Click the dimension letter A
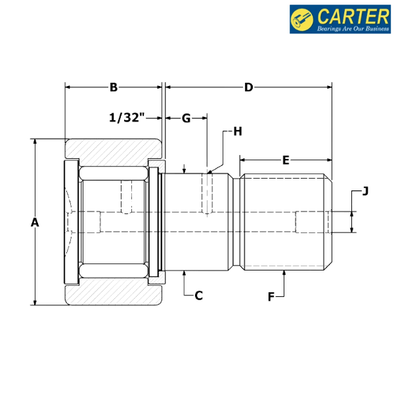[x=35, y=223]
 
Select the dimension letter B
[x=114, y=87]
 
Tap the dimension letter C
[x=198, y=295]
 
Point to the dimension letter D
[x=248, y=87]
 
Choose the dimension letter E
[x=286, y=160]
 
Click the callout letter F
[x=271, y=297]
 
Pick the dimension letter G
[x=186, y=118]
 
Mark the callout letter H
[x=238, y=131]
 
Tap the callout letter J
[x=365, y=191]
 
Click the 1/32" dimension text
[x=127, y=118]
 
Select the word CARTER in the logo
[x=353, y=16]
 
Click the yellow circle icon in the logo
[x=302, y=19]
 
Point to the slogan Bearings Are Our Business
[x=353, y=28]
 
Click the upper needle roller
[x=114, y=173]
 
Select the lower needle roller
[x=114, y=271]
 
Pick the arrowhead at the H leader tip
[x=209, y=172]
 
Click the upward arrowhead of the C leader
[x=184, y=273]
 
